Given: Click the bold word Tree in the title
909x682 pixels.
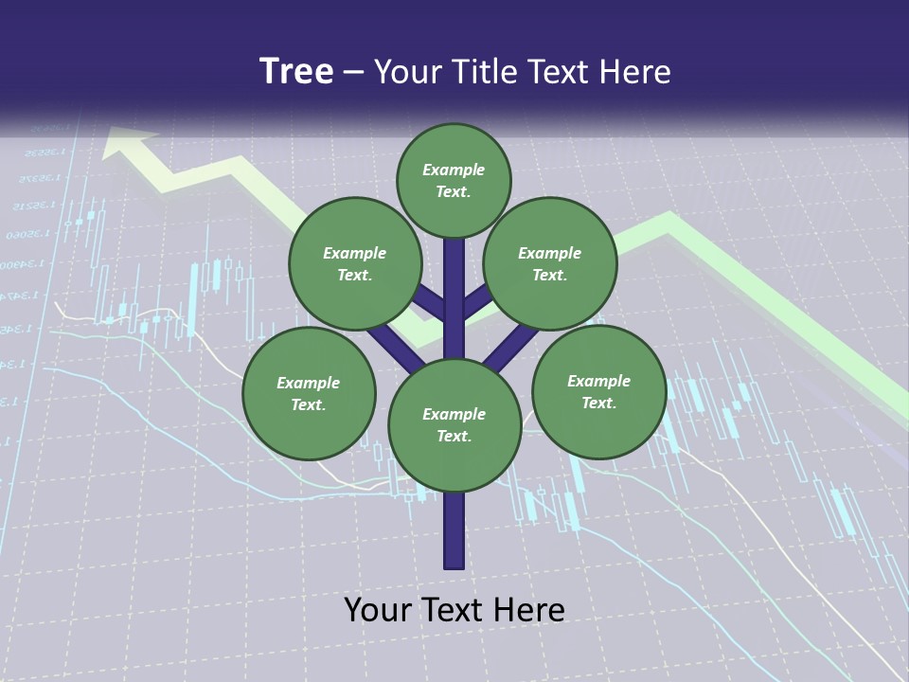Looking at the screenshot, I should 296,71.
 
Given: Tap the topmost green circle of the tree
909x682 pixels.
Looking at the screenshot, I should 454,180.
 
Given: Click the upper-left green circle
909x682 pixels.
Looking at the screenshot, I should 355,263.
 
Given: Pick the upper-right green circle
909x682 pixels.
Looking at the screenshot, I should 550,263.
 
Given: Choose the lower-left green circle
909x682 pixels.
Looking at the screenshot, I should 309,393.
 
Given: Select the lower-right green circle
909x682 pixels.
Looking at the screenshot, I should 598,391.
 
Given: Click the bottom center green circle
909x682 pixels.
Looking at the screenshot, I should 454,425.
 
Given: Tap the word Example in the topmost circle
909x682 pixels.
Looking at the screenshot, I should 454,170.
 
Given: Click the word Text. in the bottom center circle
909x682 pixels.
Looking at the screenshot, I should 454,437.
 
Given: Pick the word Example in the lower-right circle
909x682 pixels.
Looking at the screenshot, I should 598,381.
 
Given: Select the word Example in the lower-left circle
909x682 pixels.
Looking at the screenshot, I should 309,383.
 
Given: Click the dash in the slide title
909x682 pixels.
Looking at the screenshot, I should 354,72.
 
